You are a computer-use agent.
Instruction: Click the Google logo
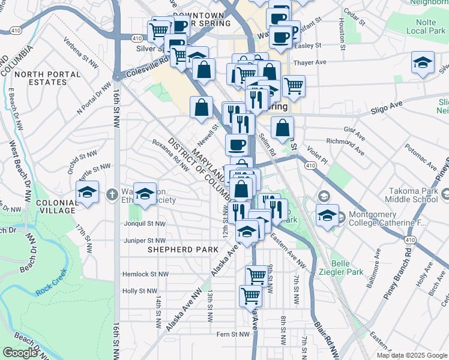[x=20, y=353]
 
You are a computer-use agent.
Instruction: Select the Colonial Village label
[x=56, y=207]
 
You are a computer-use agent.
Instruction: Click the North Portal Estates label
[x=48, y=78]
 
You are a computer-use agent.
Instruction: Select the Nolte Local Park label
[x=424, y=26]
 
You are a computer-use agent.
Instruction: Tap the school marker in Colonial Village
[x=88, y=193]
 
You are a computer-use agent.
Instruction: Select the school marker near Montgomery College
[x=328, y=215]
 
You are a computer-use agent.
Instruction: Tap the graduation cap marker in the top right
[x=423, y=62]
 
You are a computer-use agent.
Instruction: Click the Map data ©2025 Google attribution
[x=412, y=355]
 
